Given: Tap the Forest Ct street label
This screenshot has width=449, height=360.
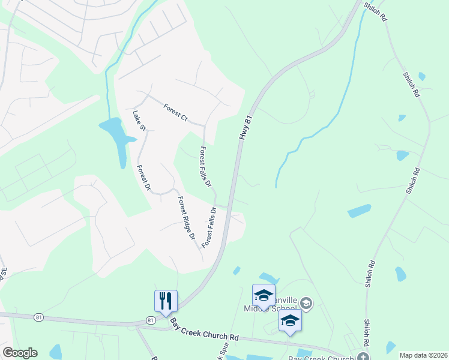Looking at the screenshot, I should (x=175, y=112).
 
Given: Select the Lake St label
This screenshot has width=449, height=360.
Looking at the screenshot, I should (x=139, y=119).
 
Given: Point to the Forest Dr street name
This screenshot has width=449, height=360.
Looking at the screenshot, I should (x=143, y=178).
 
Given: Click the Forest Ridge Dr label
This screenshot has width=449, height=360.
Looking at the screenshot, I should (x=186, y=218).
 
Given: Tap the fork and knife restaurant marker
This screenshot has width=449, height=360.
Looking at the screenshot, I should (x=166, y=301).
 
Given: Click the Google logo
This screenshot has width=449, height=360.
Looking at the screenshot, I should (x=19, y=353).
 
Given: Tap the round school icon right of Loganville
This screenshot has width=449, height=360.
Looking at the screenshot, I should (x=306, y=304).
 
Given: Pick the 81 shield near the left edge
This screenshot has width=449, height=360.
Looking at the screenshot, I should (x=39, y=316).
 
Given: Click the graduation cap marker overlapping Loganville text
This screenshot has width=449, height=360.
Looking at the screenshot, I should (x=263, y=295).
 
